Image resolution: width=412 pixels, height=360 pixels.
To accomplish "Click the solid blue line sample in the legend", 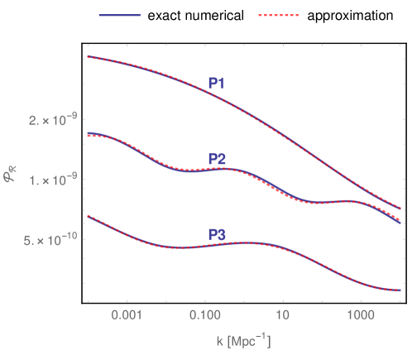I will pos(120,15).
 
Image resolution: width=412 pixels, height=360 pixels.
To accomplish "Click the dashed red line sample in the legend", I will pos(278,15).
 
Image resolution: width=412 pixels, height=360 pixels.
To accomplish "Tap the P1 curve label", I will pos(217,83).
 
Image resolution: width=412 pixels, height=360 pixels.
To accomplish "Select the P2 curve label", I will pos(217,159).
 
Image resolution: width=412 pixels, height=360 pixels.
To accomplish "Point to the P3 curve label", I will pos(217,235).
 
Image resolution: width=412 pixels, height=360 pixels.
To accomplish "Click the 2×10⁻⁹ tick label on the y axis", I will pos(53,121).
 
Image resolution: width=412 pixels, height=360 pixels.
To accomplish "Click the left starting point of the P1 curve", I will pos(88,57).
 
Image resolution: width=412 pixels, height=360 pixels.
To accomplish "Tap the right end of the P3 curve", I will pos(400,290).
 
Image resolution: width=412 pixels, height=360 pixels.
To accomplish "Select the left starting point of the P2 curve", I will pos(88,132).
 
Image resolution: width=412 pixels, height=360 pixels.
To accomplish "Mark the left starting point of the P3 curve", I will pos(88,216).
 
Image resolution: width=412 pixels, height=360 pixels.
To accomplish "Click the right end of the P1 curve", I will pos(400,209).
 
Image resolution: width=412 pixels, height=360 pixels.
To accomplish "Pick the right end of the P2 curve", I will pos(400,223).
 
